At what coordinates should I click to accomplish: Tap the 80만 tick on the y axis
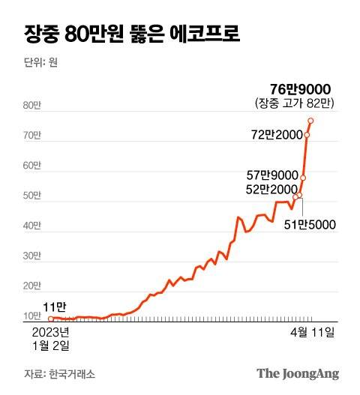(x=32, y=106)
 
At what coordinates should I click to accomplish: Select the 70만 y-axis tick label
(x=32, y=136)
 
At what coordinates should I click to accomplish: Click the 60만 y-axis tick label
(x=32, y=166)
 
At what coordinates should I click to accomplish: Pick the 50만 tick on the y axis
(x=32, y=196)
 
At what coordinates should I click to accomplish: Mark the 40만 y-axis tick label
(x=32, y=226)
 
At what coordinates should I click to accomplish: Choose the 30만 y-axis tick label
(x=32, y=256)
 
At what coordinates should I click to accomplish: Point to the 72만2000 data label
(x=276, y=135)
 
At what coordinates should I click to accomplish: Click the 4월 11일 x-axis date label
(x=313, y=331)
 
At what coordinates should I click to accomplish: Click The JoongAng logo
(x=298, y=373)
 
